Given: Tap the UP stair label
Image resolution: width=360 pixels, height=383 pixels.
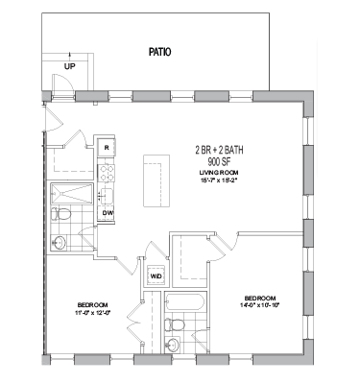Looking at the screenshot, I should coord(69,66).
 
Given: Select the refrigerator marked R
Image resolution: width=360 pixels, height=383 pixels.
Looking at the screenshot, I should coord(107,148).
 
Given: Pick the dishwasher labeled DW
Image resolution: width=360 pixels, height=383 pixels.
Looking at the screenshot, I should coord(108,213).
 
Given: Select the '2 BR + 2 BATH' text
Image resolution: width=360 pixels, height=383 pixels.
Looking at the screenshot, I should coord(221,151).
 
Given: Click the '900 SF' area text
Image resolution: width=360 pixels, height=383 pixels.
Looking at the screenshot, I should coord(221,162).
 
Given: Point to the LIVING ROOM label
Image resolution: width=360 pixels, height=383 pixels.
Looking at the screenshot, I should coord(221,172).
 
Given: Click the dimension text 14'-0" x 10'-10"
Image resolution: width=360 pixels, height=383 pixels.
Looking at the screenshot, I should coord(261,306).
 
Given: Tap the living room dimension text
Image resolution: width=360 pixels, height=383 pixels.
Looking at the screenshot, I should coord(221,180).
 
